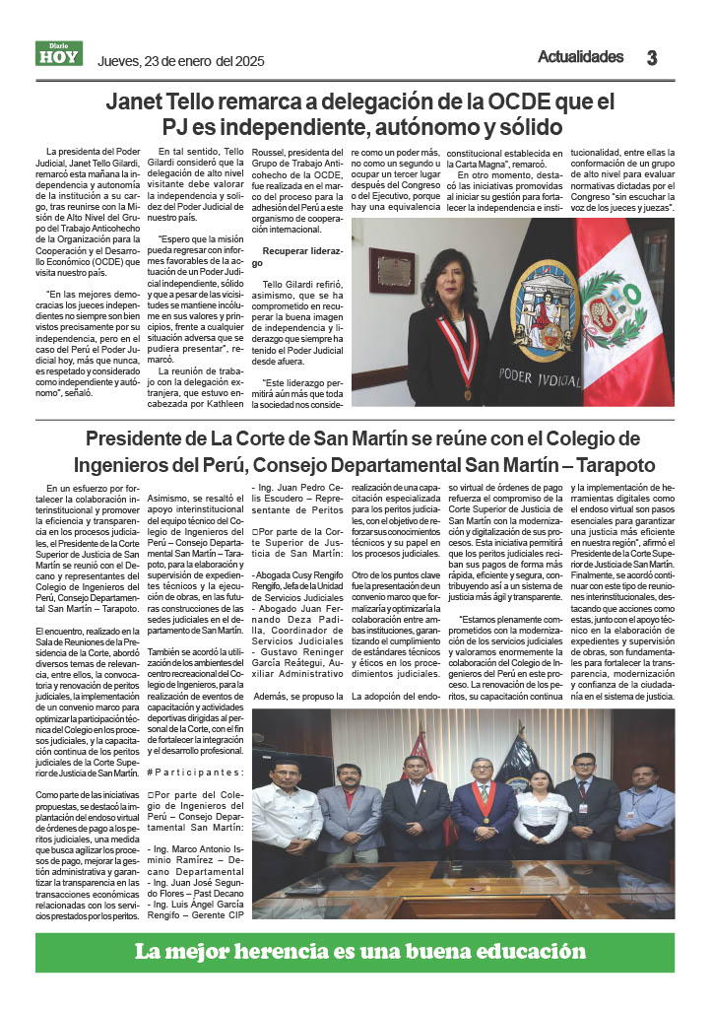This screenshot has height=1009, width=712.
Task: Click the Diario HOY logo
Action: coord(59,54)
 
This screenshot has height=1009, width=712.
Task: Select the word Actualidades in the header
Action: coord(580,56)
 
